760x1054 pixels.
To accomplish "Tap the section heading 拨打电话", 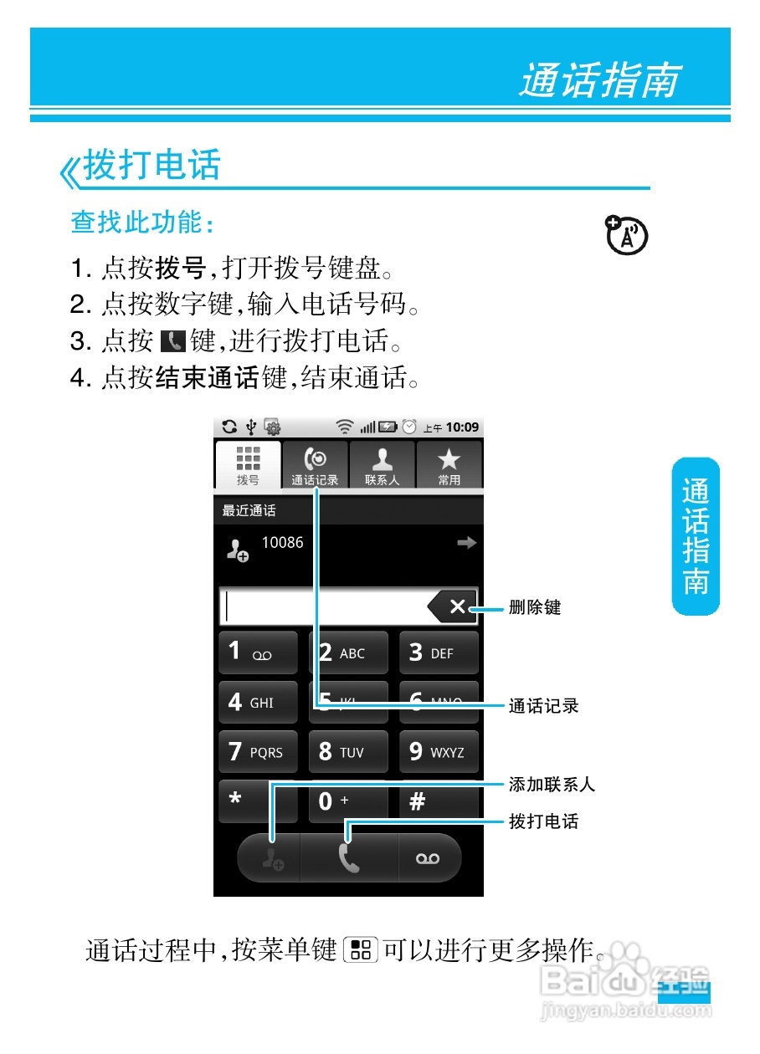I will [x=151, y=165].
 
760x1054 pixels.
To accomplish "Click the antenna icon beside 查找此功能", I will [x=625, y=235].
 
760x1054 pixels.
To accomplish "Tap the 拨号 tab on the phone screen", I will [x=248, y=465].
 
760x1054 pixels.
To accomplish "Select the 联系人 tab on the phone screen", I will [x=382, y=465].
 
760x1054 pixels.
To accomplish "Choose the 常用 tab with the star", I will [x=449, y=465].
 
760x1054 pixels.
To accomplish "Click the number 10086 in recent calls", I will [x=282, y=543].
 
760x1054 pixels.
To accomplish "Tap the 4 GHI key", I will [x=258, y=703].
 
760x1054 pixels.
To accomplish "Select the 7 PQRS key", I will [x=258, y=752].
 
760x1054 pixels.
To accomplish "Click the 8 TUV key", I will [x=348, y=752].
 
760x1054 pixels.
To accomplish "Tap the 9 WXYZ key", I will [x=439, y=752].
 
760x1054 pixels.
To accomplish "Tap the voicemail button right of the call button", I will [x=428, y=858].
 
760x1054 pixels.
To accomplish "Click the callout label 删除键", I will [x=535, y=608].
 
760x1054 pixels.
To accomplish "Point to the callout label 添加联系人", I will [x=552, y=785].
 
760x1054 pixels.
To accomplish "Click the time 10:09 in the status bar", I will [x=462, y=427].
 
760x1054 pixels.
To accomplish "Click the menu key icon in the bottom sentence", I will [x=361, y=950].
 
